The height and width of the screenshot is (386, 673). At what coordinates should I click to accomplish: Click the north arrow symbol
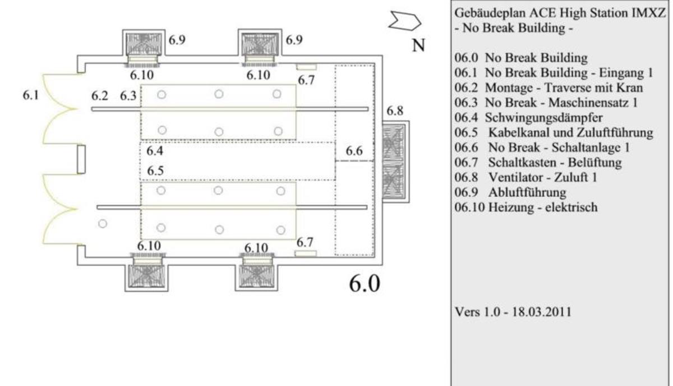click(x=405, y=21)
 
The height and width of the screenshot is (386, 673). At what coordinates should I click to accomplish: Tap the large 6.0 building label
click(x=365, y=283)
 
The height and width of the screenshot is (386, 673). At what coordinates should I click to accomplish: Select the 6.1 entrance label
click(x=31, y=95)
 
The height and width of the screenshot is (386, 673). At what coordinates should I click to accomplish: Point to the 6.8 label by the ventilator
click(x=394, y=111)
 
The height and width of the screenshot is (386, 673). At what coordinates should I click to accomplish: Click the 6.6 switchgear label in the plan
click(x=354, y=151)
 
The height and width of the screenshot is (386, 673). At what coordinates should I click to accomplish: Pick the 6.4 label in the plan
click(x=155, y=150)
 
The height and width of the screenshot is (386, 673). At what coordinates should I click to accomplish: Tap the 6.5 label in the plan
click(x=155, y=171)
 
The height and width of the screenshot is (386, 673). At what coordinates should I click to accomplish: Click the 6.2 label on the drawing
click(x=99, y=96)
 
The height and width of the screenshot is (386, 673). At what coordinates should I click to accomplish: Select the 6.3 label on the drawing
click(x=128, y=96)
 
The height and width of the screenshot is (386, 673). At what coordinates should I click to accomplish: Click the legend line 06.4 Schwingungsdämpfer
click(x=528, y=118)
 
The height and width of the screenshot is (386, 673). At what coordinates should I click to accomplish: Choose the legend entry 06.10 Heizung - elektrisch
click(x=526, y=207)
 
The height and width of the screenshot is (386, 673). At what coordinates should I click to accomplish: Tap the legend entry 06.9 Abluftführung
click(x=510, y=192)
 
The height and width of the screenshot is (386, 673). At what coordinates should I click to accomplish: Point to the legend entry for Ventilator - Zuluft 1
click(x=526, y=177)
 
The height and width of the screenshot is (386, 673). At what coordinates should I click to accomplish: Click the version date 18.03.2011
click(x=541, y=312)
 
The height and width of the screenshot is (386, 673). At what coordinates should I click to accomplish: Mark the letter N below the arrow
click(x=418, y=45)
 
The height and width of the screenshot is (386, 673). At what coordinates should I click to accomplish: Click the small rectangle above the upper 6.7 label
click(x=306, y=67)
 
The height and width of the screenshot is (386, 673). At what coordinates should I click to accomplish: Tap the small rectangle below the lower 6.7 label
click(x=306, y=254)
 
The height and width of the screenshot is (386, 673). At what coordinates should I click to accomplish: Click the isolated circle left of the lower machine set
click(x=103, y=224)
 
